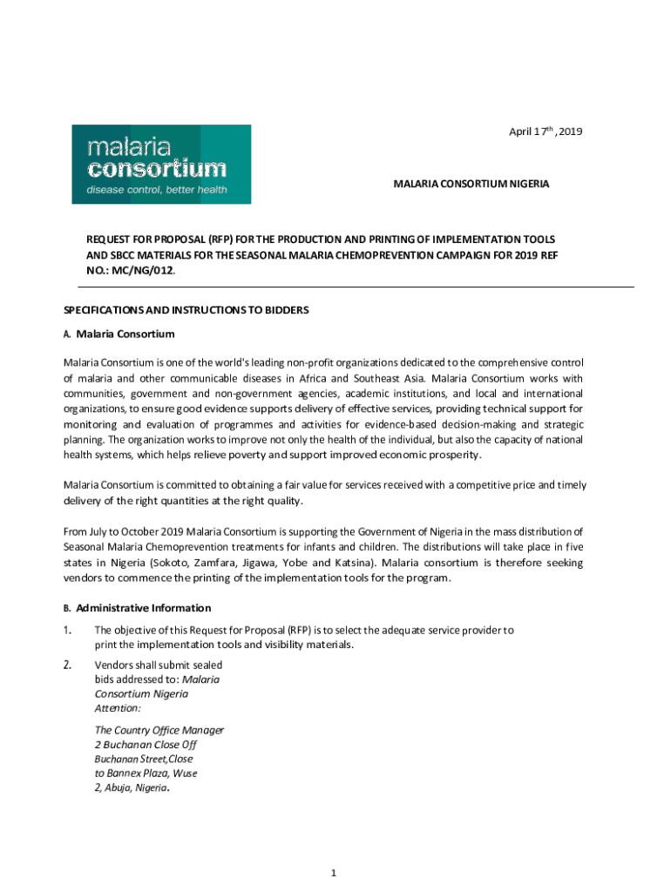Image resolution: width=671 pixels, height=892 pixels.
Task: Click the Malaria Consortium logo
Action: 161,164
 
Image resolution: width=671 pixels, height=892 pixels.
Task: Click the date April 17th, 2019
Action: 546,132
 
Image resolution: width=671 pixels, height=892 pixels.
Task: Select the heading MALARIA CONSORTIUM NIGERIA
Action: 471,185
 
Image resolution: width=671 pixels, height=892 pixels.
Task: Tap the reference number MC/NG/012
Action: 139,271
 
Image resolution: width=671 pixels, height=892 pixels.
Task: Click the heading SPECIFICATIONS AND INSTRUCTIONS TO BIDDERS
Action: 186,310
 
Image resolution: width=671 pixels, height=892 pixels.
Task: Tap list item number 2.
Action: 68,666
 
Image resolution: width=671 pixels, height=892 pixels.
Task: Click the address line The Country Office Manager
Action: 159,730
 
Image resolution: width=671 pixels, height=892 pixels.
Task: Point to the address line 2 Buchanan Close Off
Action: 146,745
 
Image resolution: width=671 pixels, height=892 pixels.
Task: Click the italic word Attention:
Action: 118,708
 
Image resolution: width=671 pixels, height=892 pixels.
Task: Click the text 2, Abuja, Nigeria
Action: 131,787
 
